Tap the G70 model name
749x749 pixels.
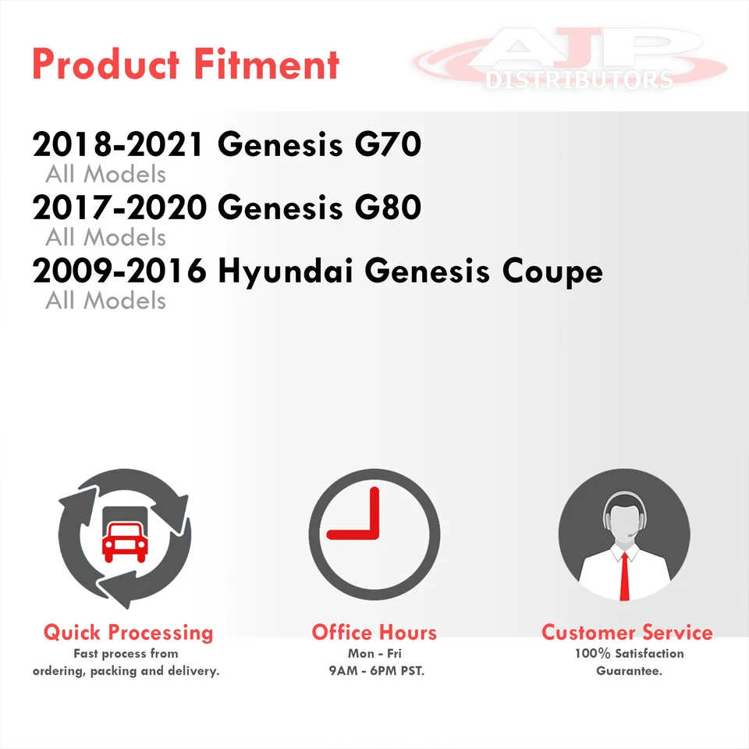tap(388, 144)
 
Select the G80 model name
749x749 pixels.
tap(388, 208)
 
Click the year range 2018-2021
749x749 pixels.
tap(119, 144)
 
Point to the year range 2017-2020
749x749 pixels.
tap(119, 208)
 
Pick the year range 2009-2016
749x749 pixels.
tap(119, 271)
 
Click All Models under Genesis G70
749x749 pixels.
tap(105, 174)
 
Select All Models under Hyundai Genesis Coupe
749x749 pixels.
tap(105, 300)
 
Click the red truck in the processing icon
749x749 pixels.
tap(125, 541)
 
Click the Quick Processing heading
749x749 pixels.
tap(128, 633)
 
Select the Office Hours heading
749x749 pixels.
tap(374, 633)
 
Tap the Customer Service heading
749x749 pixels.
tap(627, 633)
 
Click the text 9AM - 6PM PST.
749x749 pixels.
tap(376, 671)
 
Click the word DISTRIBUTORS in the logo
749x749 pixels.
tap(579, 80)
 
